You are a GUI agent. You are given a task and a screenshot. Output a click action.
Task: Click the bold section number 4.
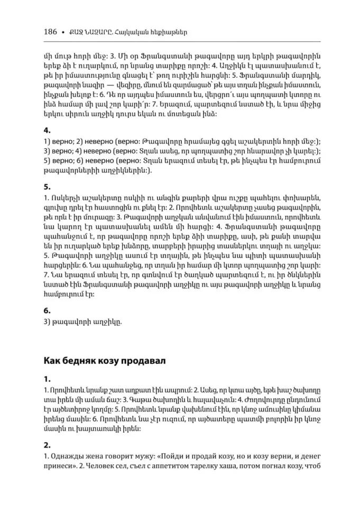pos(47,130)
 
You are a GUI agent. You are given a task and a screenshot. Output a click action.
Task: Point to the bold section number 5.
pos(47,187)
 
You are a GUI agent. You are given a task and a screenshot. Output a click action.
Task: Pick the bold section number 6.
pos(47,310)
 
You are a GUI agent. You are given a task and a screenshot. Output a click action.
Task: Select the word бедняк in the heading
pos(86,361)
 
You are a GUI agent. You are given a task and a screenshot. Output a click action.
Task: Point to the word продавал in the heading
pos(144,361)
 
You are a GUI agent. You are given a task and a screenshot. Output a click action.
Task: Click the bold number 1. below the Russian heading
pos(47,379)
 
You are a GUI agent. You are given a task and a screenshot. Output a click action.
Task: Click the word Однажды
pos(68,456)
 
